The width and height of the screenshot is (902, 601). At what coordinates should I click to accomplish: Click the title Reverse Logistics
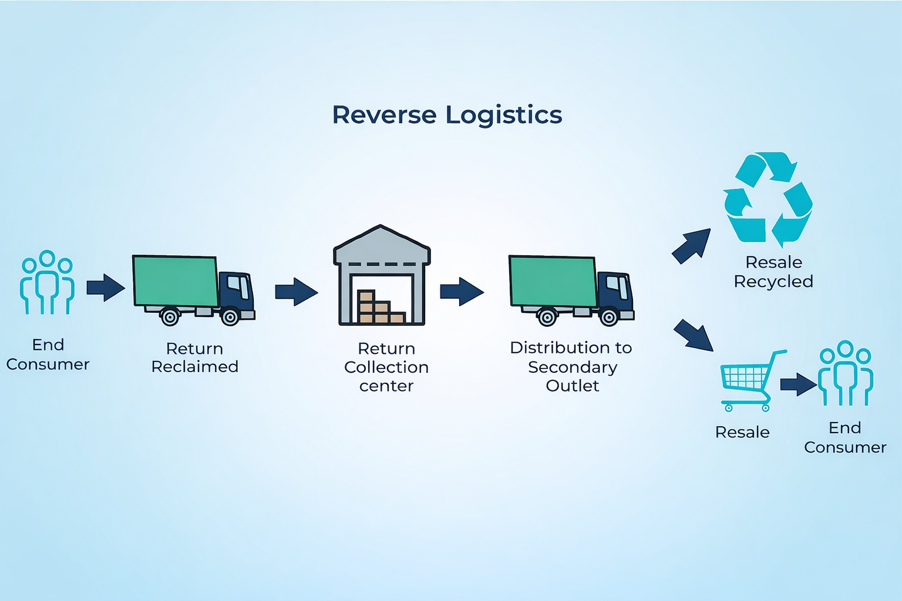(447, 114)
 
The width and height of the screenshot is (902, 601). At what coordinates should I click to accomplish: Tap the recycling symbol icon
(768, 200)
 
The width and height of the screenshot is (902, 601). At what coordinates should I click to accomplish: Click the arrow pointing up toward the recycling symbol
(692, 245)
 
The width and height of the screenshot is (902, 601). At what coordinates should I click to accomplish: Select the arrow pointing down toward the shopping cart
(693, 336)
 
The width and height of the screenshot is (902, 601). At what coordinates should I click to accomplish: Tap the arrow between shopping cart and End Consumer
(798, 384)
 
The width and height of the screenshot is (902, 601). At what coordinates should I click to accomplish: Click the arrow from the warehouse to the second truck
(462, 292)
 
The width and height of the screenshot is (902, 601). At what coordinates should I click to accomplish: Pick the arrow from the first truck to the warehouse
(296, 292)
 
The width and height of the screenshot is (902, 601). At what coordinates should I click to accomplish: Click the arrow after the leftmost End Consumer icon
(106, 288)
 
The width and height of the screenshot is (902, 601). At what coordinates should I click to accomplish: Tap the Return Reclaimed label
(194, 357)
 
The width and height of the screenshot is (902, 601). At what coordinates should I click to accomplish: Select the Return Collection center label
(386, 367)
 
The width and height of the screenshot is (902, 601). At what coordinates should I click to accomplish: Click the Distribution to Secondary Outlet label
(571, 366)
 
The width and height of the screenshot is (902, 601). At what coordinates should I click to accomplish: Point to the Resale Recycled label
(773, 272)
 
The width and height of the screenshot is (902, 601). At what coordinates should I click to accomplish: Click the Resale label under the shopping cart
(742, 433)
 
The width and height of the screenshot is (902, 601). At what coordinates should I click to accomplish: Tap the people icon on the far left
(47, 283)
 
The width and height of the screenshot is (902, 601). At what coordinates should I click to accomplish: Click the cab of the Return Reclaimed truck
(237, 292)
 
